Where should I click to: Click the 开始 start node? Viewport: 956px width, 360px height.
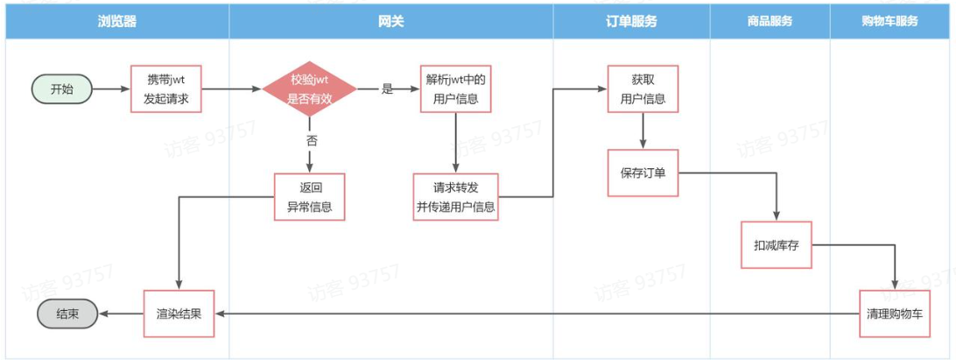click(62, 88)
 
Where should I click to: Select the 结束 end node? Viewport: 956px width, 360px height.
click(67, 314)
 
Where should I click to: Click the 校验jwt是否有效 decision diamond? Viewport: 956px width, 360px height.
click(310, 88)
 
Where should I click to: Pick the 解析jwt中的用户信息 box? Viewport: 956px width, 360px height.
click(455, 88)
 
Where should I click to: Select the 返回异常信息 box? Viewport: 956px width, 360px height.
click(310, 198)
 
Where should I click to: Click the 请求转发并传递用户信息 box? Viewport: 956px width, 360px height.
click(455, 198)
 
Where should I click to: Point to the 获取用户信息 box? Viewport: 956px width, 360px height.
click(643, 88)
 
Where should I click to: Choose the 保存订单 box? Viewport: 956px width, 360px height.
click(643, 172)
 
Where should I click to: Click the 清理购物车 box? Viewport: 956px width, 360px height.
click(893, 313)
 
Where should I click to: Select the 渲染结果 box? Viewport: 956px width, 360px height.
click(179, 313)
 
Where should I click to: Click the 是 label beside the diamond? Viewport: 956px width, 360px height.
click(387, 88)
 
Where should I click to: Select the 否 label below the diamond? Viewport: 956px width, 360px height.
click(312, 140)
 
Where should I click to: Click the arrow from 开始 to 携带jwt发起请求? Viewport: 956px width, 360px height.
click(110, 88)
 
